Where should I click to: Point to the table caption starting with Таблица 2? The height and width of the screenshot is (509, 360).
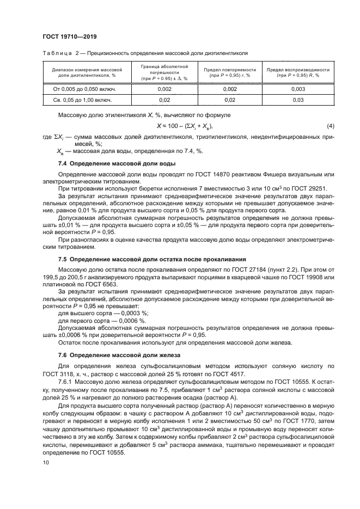click(x=144, y=54)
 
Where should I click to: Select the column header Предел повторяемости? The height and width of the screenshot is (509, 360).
click(x=230, y=72)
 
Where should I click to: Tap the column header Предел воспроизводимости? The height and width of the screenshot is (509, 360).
click(x=298, y=72)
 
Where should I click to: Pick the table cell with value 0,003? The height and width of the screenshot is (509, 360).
click(x=298, y=88)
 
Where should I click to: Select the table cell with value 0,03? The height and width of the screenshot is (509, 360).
click(x=298, y=100)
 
